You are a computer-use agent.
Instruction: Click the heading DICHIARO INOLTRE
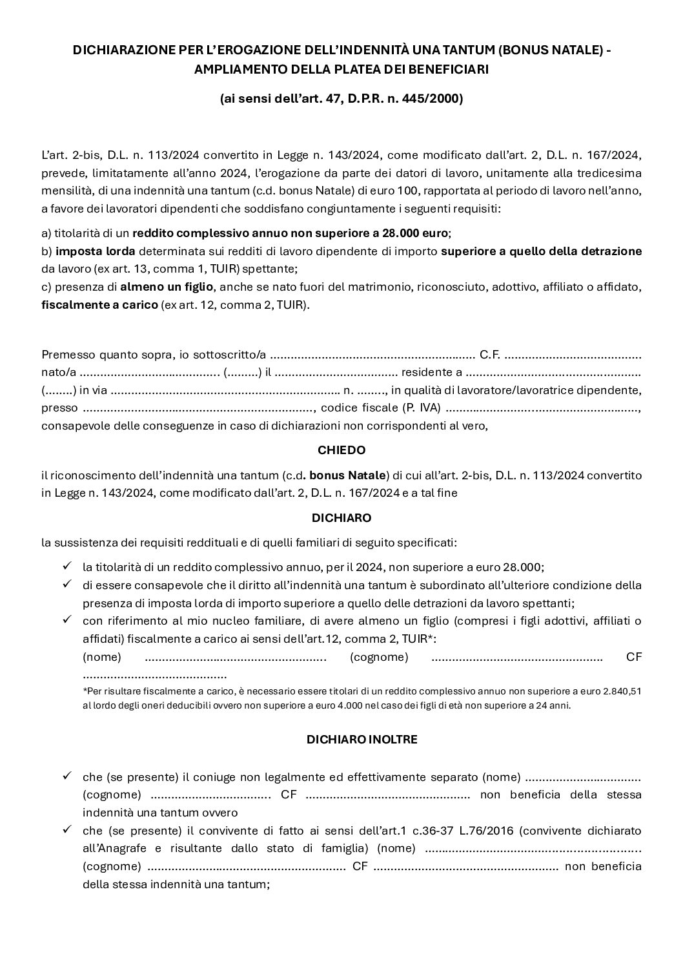point(362,740)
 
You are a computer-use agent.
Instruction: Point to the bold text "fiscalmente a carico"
point(99,304)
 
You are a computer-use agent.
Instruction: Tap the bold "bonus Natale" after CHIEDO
point(348,475)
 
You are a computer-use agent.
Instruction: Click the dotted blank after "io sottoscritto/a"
point(372,355)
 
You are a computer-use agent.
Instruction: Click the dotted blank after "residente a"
point(553,373)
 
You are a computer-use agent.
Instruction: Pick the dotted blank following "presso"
point(198,408)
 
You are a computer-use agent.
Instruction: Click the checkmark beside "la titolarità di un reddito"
point(66,566)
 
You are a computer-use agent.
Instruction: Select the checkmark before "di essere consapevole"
point(66,584)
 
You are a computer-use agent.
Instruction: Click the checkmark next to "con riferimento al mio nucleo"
point(66,620)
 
